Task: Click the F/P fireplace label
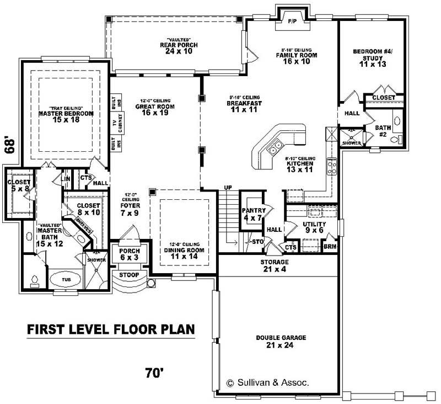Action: coord(292,20)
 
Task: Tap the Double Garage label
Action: coord(281,341)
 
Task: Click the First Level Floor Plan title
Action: coord(111,330)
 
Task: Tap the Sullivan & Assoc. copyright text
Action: coord(267,382)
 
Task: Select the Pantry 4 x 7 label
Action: coord(254,214)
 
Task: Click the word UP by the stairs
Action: coord(227,188)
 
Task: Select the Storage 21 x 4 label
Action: coord(275,265)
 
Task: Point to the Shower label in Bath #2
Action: coord(351,143)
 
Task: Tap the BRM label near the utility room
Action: coord(330,247)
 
